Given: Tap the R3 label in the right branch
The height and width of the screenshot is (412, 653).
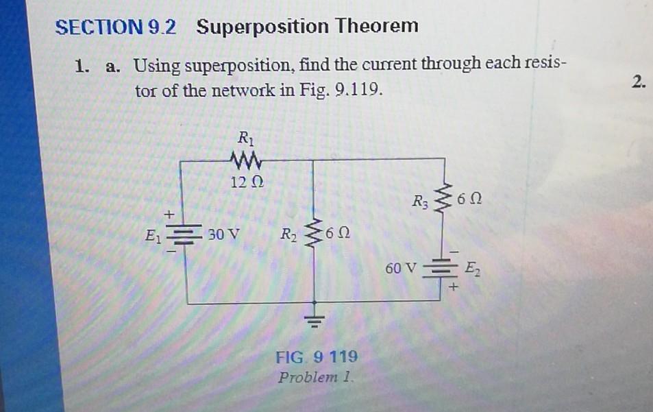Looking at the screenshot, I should tap(421, 203).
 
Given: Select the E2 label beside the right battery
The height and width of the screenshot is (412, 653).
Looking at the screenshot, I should tap(473, 268).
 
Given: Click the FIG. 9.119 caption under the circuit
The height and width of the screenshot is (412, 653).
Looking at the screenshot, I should tap(315, 357).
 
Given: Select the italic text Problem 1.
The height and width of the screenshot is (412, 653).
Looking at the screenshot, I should tap(315, 377).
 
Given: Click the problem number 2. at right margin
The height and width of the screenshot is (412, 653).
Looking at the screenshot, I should tap(639, 83).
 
